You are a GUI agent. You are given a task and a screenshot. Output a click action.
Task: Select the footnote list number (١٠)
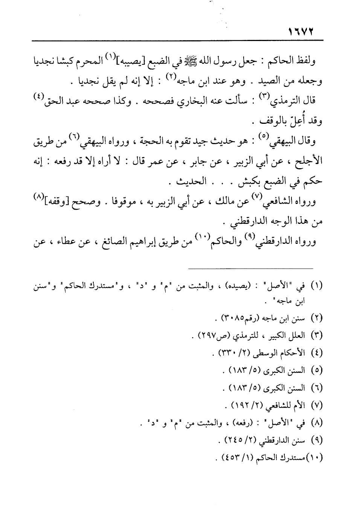coord(315,458)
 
